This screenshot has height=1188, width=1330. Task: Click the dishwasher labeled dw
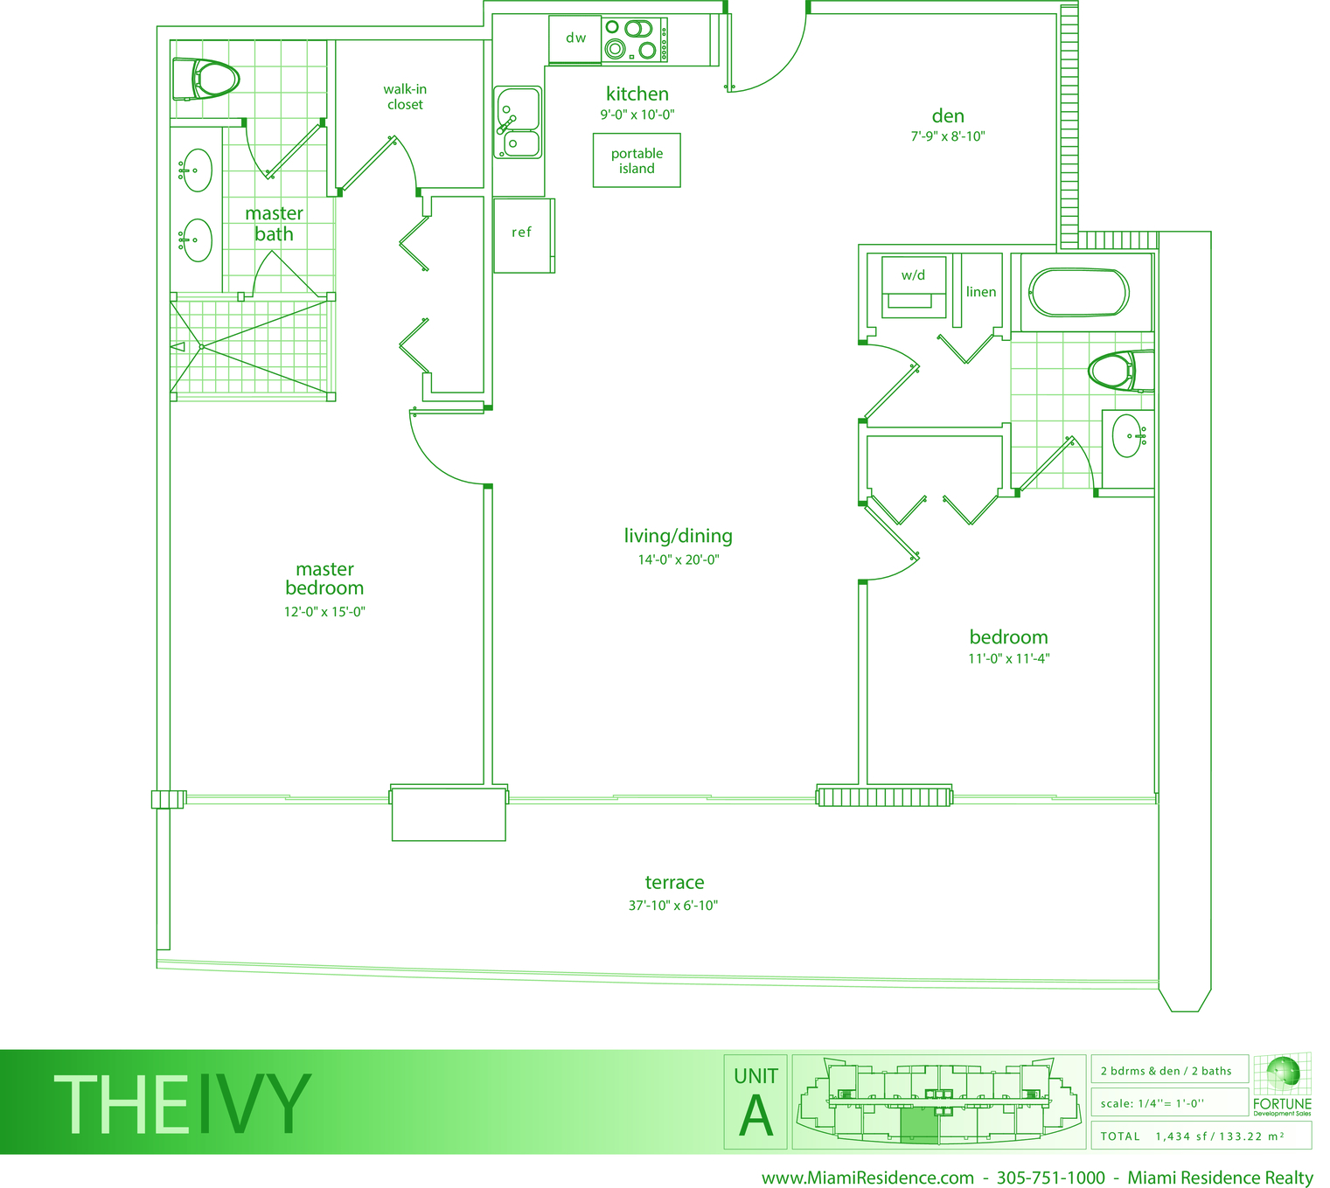[574, 39]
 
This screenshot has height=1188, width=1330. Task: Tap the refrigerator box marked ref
[523, 235]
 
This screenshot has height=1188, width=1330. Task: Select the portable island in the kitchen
[636, 160]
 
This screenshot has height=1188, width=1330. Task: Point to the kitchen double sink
[518, 122]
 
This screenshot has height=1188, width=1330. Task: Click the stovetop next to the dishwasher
[634, 39]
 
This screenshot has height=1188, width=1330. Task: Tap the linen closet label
[981, 292]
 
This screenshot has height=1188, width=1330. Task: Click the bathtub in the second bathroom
[1078, 292]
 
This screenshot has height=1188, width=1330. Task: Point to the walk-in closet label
[405, 96]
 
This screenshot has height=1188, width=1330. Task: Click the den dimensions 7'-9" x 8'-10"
[947, 136]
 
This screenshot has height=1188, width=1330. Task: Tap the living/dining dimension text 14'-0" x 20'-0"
[679, 559]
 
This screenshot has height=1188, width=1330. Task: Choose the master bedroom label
[324, 578]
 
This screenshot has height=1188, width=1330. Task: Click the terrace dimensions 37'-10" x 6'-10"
[673, 906]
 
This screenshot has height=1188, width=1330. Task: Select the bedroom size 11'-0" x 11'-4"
[1008, 658]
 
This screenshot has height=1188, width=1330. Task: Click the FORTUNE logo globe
[1283, 1073]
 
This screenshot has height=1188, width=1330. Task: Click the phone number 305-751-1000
[1050, 1178]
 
